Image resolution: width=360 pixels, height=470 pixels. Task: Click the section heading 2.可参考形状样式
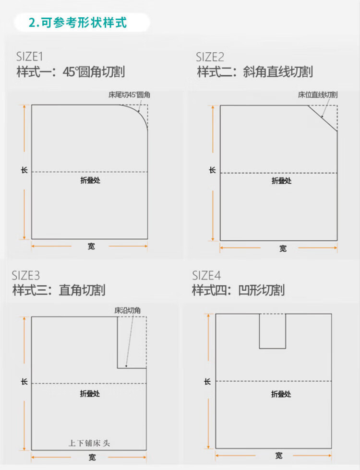[78, 23]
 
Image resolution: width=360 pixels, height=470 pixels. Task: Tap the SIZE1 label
[29, 57]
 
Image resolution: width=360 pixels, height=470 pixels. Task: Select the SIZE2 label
[210, 57]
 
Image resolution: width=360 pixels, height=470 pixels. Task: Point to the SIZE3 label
[26, 275]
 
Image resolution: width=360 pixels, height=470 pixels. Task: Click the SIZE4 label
[206, 275]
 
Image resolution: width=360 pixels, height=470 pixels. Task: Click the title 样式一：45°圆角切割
[71, 72]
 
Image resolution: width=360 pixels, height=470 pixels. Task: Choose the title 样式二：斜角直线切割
[255, 72]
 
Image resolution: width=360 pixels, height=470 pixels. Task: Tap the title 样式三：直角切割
[59, 290]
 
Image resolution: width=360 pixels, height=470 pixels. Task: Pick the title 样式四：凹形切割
[238, 290]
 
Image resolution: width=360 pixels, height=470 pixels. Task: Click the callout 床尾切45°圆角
[129, 95]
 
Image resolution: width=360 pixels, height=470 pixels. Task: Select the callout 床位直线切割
[318, 95]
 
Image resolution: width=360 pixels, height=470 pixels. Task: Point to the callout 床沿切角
[128, 310]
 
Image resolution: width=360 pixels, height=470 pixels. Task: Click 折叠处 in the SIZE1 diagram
[90, 180]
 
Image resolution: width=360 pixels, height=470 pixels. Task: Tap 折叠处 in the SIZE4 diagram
[281, 394]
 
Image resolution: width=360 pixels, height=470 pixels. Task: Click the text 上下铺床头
[89, 443]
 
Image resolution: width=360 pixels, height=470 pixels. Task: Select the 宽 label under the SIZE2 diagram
[283, 248]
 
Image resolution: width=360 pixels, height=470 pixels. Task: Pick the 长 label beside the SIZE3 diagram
[24, 382]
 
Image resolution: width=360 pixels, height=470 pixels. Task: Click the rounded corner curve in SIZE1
[139, 113]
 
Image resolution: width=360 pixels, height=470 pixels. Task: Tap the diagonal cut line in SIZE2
[323, 118]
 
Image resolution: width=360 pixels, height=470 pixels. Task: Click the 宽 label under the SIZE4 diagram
[279, 456]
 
